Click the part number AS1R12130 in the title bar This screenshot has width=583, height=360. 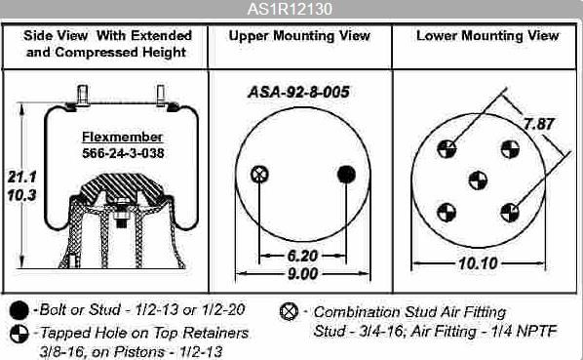tap(290, 9)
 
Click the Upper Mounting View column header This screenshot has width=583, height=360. tap(299, 36)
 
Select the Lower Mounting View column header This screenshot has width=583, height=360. tap(487, 36)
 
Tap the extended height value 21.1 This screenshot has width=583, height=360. tap(22, 177)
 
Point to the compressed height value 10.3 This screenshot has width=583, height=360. tap(22, 194)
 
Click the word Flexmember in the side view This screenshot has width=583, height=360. tap(122, 137)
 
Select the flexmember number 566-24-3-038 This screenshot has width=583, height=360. tap(123, 153)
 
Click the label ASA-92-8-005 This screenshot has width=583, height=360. tap(299, 92)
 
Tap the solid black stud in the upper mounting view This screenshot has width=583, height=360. tap(346, 174)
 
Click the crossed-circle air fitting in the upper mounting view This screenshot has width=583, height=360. tap(259, 174)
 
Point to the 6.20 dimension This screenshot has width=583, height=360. tap(302, 256)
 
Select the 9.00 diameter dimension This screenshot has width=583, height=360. tap(302, 274)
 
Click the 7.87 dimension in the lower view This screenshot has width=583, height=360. tap(539, 124)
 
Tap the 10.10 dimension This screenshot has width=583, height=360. tap(478, 263)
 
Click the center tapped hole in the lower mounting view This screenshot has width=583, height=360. tap(478, 180)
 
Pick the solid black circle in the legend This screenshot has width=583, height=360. tap(19, 310)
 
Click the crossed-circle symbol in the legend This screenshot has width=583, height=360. tap(289, 311)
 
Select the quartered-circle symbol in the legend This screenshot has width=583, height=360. tap(19, 334)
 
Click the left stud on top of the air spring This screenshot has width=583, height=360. tap(82, 96)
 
